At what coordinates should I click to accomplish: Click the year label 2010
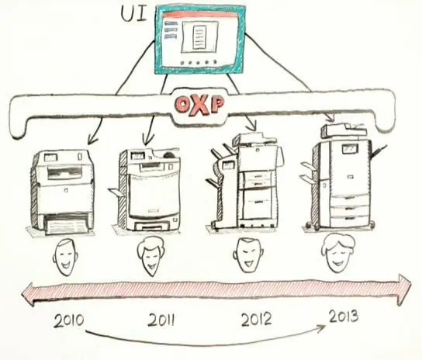[69, 320]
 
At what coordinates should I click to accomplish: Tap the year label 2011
[161, 320]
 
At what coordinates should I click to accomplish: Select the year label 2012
[256, 319]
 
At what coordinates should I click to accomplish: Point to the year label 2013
[344, 316]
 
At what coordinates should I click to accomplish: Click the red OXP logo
[199, 105]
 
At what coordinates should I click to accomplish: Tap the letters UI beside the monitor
[133, 14]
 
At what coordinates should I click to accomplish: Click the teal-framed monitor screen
[199, 40]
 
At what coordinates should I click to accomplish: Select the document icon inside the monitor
[199, 37]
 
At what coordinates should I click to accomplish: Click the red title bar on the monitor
[199, 15]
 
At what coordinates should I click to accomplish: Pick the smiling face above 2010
[65, 257]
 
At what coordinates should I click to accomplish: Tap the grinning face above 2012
[248, 255]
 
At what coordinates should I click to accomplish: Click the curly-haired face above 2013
[337, 253]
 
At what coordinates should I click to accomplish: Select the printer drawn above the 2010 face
[62, 192]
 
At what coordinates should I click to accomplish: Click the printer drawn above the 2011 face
[147, 189]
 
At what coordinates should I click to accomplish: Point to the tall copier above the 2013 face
[343, 178]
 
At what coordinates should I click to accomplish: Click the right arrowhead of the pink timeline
[404, 289]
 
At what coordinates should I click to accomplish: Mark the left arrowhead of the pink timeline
[28, 294]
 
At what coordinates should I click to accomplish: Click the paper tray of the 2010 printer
[66, 224]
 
